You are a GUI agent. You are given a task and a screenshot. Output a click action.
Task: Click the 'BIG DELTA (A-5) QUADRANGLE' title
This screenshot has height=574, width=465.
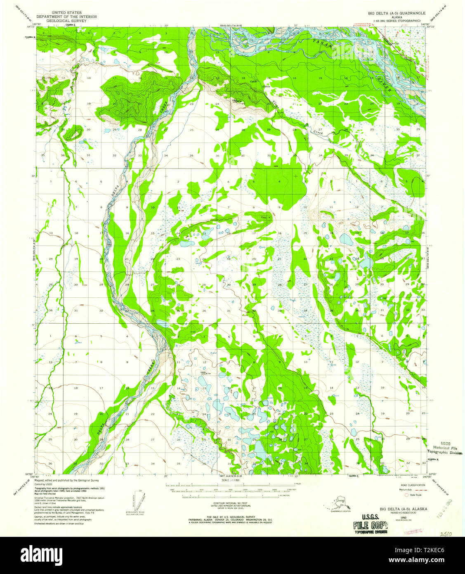397,13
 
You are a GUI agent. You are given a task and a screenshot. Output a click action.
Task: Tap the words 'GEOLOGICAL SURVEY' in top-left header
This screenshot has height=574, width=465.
66,20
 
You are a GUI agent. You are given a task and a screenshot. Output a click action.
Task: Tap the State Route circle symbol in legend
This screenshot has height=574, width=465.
406,494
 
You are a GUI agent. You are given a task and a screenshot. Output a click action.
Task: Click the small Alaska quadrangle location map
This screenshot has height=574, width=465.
335,503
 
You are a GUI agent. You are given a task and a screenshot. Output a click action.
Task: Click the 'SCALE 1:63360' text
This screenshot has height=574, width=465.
231,480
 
